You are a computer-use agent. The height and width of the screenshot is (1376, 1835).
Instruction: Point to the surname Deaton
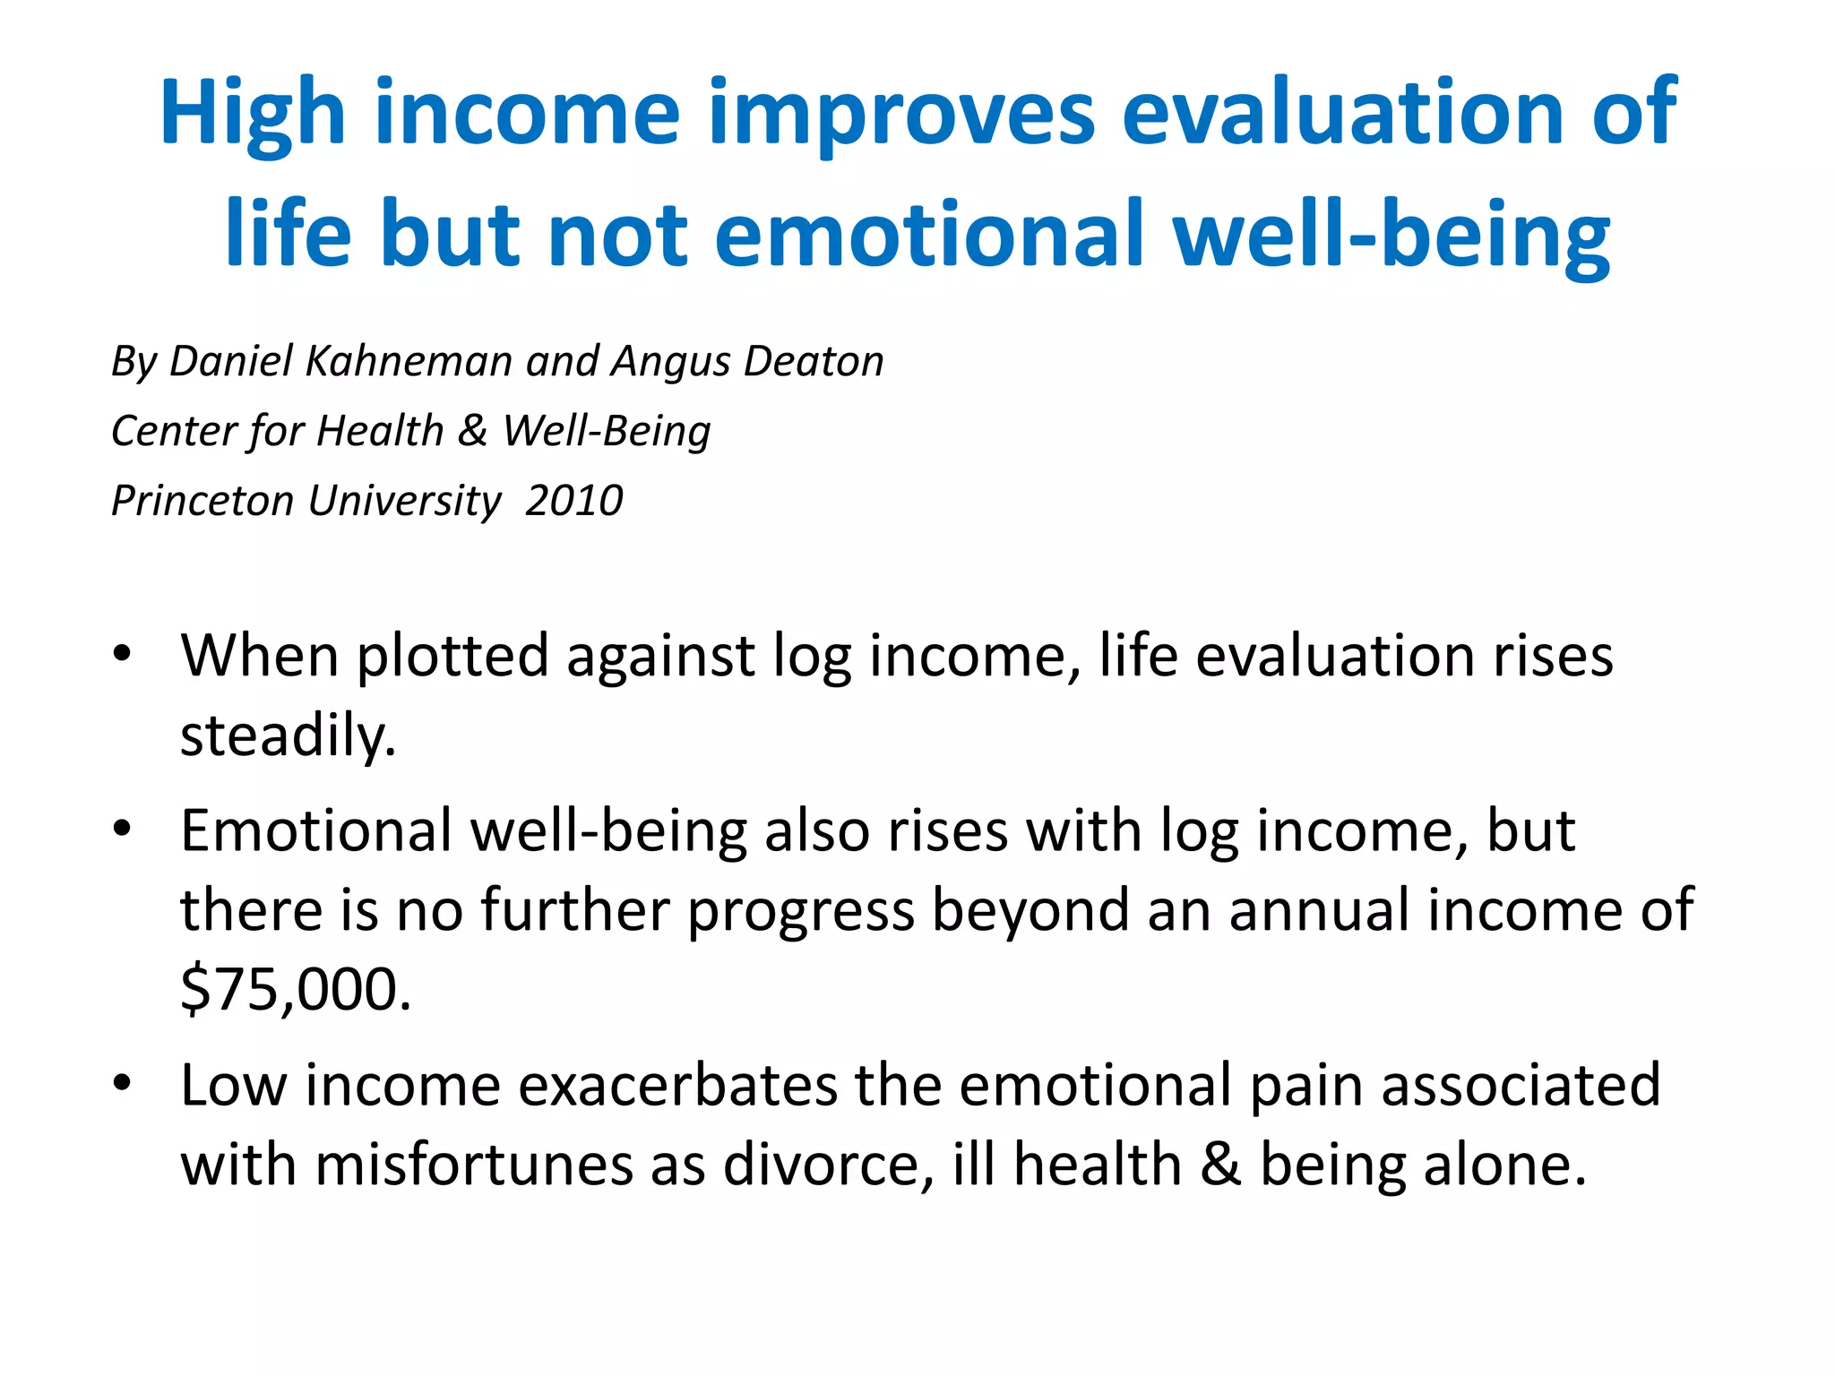pos(814,361)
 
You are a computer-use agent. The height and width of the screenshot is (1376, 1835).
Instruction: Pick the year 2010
pos(573,500)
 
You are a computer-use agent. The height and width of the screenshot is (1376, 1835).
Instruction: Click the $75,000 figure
pos(296,989)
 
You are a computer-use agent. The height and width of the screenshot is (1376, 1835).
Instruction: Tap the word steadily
pos(287,736)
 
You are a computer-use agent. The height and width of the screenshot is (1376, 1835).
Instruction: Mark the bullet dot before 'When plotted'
pos(123,652)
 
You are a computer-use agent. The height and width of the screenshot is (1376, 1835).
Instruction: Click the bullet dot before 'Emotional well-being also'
pos(123,827)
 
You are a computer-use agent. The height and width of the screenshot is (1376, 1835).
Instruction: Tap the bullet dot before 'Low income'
pos(123,1082)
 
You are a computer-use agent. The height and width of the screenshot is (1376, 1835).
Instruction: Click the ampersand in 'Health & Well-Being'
pos(472,431)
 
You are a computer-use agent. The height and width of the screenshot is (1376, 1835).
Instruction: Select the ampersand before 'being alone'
pos(1220,1165)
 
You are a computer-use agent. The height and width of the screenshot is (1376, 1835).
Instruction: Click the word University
pos(404,500)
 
